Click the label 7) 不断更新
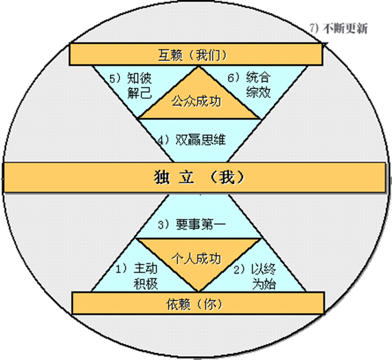pos(338,29)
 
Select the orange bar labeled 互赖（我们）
pos(196,54)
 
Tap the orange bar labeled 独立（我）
pos(194,178)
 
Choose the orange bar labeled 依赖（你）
pos(198,303)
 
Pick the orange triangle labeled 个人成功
pos(198,261)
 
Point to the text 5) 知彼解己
pos(130,86)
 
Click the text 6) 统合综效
pos(249,84)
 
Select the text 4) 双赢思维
pos(192,140)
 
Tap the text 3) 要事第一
pos(192,224)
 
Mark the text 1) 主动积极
pos(137,276)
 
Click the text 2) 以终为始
pos(255,276)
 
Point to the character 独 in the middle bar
pos(162,178)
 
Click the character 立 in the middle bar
pos(187,178)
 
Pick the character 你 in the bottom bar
pos(210,304)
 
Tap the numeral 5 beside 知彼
pos(113,78)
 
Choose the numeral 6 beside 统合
pos(231,77)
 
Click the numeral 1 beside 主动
pos(119,269)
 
